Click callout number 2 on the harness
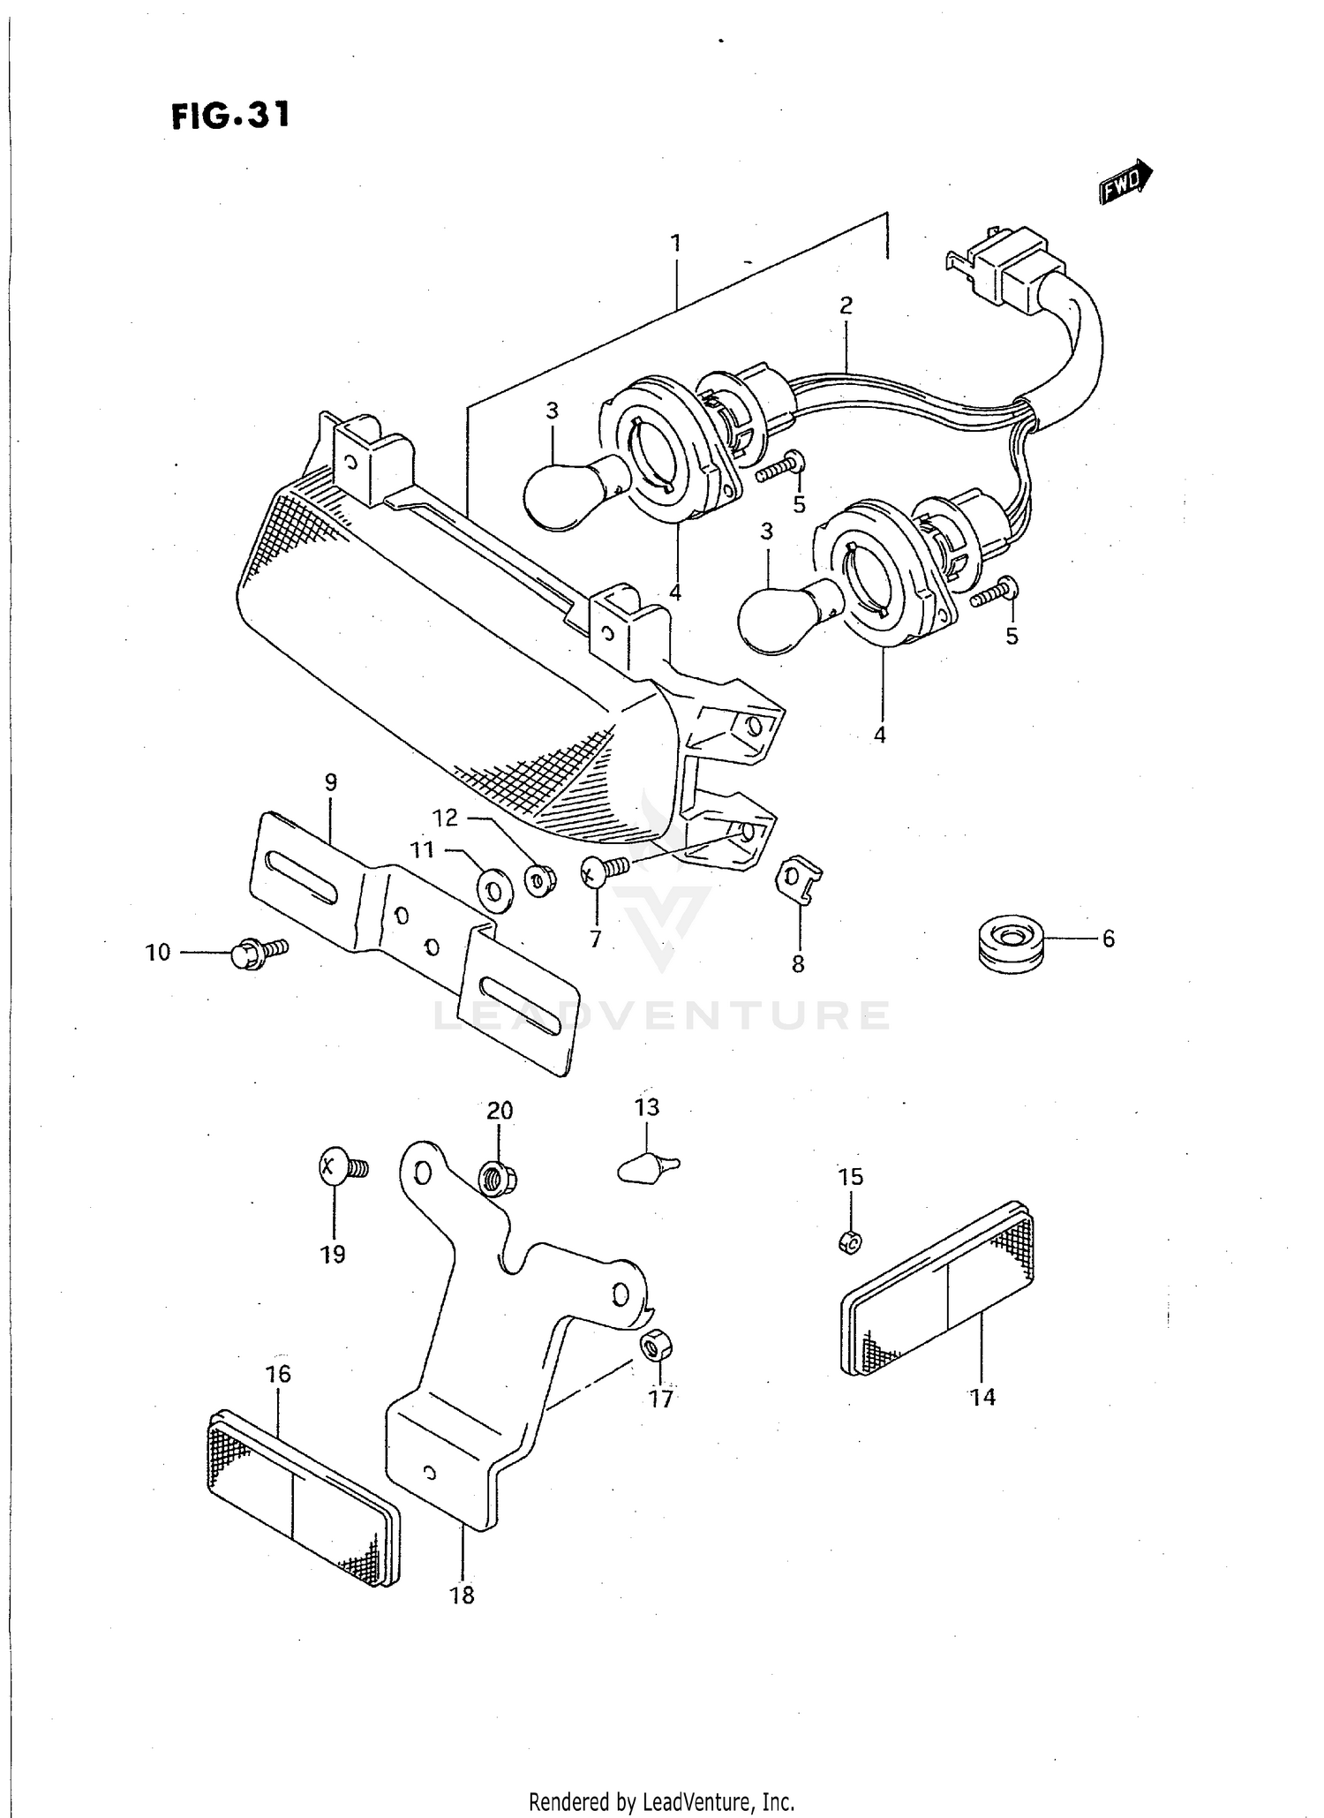point(846,306)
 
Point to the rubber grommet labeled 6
point(1012,945)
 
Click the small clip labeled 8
point(798,878)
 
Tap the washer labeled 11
point(493,889)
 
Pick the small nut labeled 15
point(850,1241)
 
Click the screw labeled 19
point(340,1167)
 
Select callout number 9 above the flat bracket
point(330,782)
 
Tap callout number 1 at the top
point(675,243)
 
